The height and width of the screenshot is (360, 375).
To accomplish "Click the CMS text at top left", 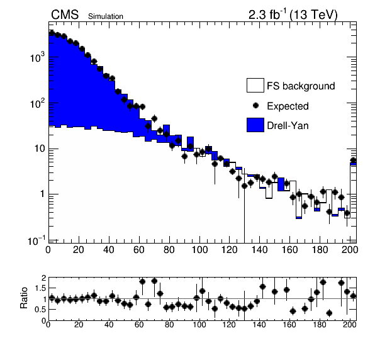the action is tap(65, 15).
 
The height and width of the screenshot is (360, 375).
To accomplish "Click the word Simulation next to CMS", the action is tap(106, 16).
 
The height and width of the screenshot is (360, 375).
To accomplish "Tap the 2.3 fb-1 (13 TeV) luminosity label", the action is tap(293, 15).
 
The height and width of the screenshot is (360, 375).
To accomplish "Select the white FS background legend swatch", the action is tap(255, 85).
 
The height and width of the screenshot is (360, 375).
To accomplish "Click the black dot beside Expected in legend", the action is tap(255, 106).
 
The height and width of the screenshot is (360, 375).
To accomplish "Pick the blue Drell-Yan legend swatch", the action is tap(255, 125).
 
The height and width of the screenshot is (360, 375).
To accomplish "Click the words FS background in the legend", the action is tap(301, 86).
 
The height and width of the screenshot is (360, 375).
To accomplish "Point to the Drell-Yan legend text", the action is tap(288, 126).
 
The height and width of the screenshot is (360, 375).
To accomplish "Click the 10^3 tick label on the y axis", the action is tap(37, 57).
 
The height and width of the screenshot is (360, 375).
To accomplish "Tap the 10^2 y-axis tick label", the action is tap(37, 103).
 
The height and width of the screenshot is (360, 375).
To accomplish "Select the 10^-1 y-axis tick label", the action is tap(36, 241).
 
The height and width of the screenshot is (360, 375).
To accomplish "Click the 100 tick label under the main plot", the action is tap(199, 250).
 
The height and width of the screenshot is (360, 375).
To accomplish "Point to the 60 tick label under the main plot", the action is tap(139, 250).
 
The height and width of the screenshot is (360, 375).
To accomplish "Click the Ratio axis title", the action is tap(24, 298).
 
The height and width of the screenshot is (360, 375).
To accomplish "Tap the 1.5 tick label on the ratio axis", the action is tap(40, 288).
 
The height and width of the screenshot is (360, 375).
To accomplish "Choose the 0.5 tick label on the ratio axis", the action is tap(40, 310).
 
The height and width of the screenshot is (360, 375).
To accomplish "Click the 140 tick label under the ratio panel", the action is tap(259, 325).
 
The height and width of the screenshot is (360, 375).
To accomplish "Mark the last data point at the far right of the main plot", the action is tap(353, 160).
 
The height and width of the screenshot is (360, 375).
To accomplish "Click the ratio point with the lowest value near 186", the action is tap(329, 313).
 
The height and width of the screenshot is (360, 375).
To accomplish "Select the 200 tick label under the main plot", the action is tap(350, 250).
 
